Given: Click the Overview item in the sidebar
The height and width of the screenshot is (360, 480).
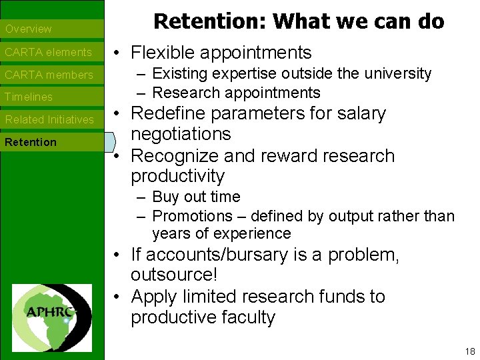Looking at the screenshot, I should coord(29,29).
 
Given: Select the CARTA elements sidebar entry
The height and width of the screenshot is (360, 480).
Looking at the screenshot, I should coord(48,52).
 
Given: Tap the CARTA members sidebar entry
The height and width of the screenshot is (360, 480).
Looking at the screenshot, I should coord(49,75).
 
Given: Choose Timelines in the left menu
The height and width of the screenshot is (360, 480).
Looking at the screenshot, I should coord(29,97).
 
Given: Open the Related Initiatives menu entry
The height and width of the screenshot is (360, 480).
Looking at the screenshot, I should coord(50,120).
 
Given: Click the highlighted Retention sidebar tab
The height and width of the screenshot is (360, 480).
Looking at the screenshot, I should coord(31,142).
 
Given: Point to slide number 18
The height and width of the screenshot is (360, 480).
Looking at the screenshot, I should coord(470,351).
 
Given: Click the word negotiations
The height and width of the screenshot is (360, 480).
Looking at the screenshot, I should coord(181,134).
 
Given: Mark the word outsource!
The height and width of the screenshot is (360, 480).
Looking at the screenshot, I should coord(174,275).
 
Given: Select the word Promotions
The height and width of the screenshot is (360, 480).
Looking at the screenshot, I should coord(189,216).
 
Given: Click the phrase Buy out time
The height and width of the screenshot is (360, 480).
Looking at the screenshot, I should coord(196,197).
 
